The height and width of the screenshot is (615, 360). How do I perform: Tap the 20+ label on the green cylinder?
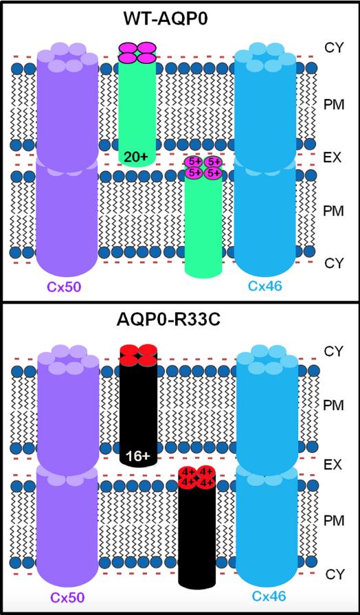137,157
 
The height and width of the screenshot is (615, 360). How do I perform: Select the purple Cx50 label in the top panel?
65,287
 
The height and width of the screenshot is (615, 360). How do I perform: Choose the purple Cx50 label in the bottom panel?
67,596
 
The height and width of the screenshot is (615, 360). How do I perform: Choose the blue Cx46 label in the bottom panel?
269,596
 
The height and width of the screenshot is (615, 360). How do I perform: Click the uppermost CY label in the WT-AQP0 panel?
334,48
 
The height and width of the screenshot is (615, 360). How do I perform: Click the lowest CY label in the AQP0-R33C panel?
335,574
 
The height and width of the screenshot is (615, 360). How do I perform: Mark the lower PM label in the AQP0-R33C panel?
334,521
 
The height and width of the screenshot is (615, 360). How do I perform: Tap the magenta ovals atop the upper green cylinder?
137,52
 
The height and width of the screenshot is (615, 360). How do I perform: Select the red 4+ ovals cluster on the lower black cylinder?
196,477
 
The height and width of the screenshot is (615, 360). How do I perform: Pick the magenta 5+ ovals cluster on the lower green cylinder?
203,167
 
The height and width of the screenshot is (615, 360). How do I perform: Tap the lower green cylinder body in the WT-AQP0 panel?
203,227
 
